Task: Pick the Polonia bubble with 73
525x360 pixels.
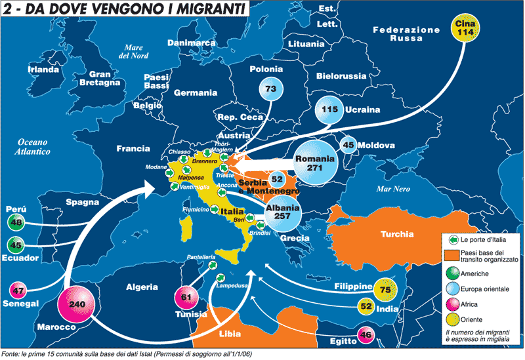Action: click(272, 89)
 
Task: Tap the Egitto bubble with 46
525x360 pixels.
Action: click(366, 336)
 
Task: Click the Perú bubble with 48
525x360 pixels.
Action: click(18, 222)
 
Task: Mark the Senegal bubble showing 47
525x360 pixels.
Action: click(18, 290)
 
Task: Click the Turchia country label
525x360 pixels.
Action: click(396, 233)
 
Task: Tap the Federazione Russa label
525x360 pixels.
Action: click(406, 33)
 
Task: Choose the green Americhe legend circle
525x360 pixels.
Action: click(450, 273)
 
